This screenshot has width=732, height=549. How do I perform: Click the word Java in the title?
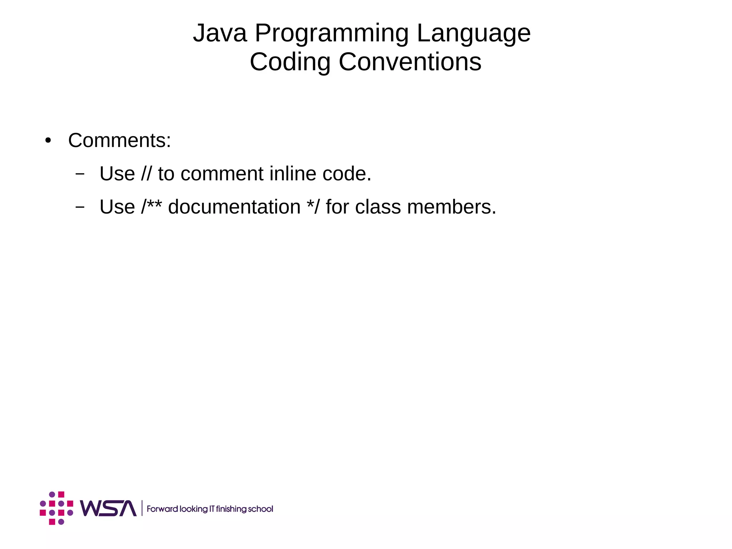(220, 33)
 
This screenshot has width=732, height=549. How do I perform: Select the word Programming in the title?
(331, 34)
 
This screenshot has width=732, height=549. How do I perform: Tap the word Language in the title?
(474, 34)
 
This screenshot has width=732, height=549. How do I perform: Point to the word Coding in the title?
(290, 62)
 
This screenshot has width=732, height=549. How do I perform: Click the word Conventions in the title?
(410, 62)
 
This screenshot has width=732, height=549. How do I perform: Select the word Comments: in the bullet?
(119, 140)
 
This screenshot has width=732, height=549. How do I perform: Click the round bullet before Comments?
(48, 141)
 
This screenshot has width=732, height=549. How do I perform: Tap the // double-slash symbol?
(146, 174)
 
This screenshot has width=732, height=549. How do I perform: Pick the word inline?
(293, 174)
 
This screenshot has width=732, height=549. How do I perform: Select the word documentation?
(234, 207)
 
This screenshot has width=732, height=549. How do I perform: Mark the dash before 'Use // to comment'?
(80, 174)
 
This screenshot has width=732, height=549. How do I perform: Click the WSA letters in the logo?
(108, 508)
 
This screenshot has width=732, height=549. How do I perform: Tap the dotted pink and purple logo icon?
(56, 508)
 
